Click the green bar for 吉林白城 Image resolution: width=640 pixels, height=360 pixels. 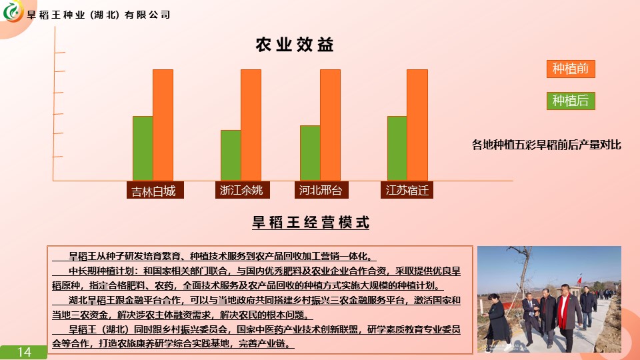point(143,148)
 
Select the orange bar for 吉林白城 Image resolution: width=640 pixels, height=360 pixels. point(163,125)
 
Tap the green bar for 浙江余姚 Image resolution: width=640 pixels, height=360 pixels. point(231,155)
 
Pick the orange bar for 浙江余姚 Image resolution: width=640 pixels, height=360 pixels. point(251,125)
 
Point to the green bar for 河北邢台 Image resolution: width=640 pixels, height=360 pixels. point(310,153)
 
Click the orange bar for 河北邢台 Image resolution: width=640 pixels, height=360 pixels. point(330,125)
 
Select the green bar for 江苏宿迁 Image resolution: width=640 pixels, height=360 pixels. point(397,148)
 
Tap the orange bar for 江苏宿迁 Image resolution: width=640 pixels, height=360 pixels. point(417,125)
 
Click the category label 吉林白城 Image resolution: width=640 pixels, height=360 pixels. point(155,190)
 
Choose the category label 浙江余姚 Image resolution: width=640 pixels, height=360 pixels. point(243,190)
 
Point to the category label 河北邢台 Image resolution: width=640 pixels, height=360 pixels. point(321,190)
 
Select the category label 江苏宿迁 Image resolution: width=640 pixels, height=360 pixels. point(407,190)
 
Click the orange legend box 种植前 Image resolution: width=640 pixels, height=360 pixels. point(571,69)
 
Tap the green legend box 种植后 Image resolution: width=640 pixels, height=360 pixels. point(571,101)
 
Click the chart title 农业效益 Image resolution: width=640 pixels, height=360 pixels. point(295,45)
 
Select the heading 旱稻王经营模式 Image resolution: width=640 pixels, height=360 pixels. point(311,223)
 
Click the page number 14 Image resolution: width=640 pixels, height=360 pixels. point(24,352)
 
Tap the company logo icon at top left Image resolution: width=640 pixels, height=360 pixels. point(12,11)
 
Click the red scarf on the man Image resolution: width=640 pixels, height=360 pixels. point(564,310)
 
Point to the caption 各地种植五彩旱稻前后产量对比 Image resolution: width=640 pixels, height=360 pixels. point(546,145)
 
